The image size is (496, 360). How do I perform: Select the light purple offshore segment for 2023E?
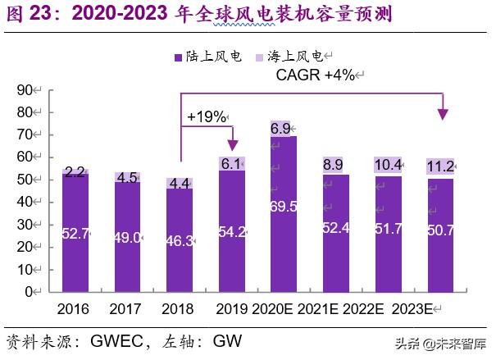pos(439,167)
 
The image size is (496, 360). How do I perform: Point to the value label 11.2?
pos(440,167)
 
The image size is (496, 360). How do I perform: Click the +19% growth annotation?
pos(206,116)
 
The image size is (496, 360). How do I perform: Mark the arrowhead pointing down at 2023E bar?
pos(444,113)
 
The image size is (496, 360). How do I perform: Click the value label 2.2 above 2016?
pos(76,172)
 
